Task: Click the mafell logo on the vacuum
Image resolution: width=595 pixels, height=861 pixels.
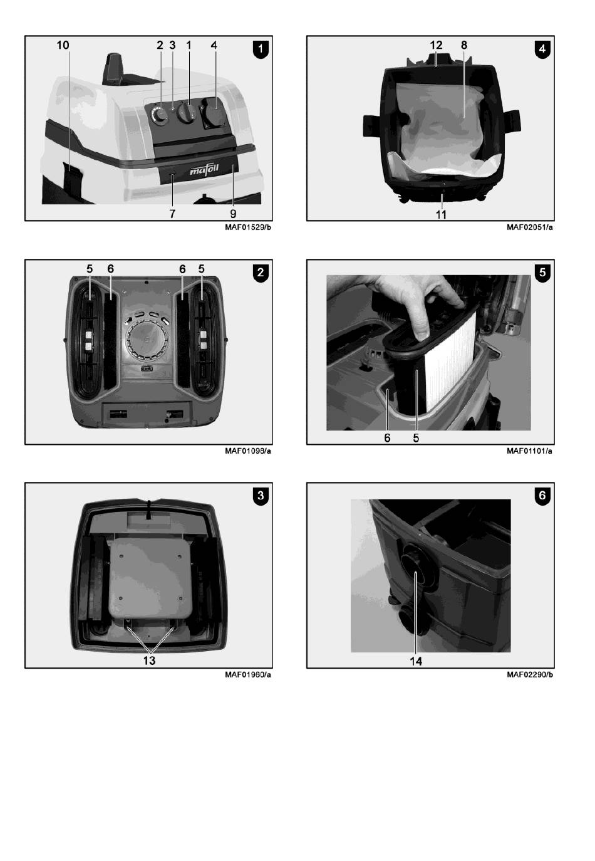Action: tap(204, 169)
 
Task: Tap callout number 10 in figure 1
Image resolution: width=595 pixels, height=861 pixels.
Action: tap(63, 45)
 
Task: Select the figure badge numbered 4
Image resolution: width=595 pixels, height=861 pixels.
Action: tap(542, 50)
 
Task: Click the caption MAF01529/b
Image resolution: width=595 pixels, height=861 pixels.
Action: tap(248, 227)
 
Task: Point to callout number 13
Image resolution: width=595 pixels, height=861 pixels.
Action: tap(150, 660)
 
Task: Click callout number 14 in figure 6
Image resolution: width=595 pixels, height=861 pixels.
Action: tap(416, 661)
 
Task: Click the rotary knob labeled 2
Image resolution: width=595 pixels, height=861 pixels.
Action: tap(159, 114)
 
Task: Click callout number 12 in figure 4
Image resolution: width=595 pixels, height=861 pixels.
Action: tap(436, 45)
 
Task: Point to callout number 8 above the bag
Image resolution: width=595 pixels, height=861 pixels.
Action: tap(464, 45)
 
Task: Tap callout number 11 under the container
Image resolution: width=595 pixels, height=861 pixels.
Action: tap(441, 214)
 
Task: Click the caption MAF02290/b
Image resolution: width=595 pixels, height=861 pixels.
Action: tap(530, 674)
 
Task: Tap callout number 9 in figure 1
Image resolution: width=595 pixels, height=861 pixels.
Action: tap(233, 214)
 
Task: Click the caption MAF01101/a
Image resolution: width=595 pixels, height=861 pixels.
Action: tap(529, 451)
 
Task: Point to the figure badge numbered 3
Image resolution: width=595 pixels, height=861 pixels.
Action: tap(261, 496)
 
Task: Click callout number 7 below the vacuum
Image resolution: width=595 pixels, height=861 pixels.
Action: tap(172, 214)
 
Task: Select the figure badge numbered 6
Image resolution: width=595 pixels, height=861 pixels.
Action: tap(542, 496)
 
